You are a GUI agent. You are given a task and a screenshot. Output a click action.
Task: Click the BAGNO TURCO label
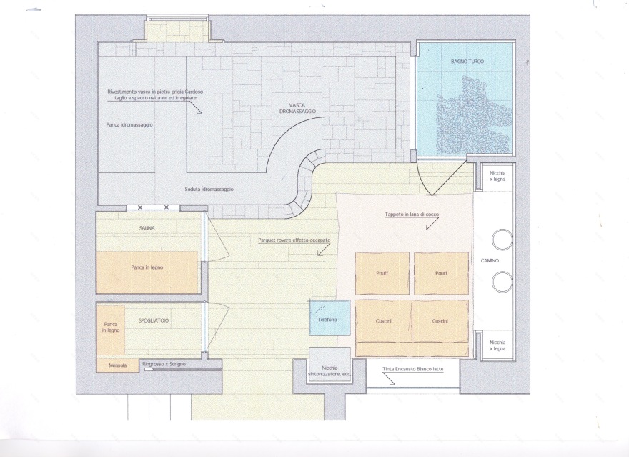(x=467, y=62)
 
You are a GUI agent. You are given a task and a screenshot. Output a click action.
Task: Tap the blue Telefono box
(x=330, y=318)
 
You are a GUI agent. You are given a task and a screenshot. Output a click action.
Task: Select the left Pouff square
(x=382, y=273)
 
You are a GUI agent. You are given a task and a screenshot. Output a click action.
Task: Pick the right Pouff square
(x=441, y=273)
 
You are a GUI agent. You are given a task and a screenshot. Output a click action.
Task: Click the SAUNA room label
(x=147, y=228)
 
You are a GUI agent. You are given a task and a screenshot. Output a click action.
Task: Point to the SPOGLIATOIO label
(x=154, y=320)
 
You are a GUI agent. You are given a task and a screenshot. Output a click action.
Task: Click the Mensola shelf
(x=117, y=365)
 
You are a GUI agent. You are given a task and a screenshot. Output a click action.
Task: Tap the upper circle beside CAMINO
(x=502, y=240)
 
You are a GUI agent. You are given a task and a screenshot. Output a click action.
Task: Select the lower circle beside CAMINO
(x=502, y=282)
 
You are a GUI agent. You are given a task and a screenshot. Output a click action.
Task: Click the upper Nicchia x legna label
(x=497, y=176)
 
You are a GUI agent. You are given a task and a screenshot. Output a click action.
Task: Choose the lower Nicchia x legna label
(x=497, y=345)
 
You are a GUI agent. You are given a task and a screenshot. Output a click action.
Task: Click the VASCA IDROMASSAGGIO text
(x=297, y=108)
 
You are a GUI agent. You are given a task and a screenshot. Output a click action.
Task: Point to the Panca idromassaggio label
(x=129, y=124)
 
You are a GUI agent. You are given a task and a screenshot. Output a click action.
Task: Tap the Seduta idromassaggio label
(x=209, y=189)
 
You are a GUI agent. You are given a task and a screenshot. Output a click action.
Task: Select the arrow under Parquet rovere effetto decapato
(x=323, y=250)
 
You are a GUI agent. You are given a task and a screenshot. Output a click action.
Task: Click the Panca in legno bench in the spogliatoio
(x=111, y=330)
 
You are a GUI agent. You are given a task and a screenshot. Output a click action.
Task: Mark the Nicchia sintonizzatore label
(x=330, y=370)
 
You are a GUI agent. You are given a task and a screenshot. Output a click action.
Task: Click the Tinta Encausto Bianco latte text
(x=413, y=369)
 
